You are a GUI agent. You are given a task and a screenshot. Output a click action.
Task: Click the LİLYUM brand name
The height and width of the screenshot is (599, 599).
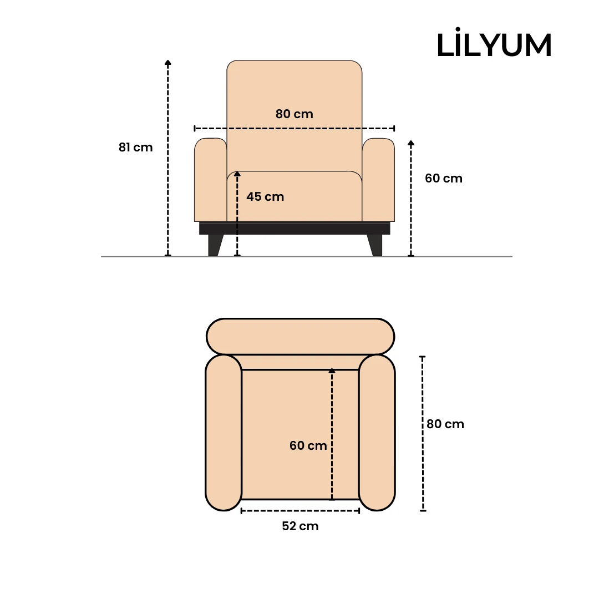pos(494,45)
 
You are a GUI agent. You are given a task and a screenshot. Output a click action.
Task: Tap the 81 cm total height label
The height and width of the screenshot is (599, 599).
pos(135,148)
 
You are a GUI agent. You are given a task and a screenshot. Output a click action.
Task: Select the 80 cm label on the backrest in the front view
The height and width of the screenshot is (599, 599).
pos(294,114)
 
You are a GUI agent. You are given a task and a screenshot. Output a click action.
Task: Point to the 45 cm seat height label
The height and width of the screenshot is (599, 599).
pos(265,197)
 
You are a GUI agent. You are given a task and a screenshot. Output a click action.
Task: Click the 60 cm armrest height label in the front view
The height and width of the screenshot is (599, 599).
pos(443,179)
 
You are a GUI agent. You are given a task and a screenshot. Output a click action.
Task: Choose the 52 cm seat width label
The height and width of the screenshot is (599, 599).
pos(300,526)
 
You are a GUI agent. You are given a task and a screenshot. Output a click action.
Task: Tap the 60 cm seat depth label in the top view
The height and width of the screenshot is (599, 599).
pos(308,445)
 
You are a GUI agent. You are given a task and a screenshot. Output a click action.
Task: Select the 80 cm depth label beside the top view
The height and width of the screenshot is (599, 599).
pos(445,424)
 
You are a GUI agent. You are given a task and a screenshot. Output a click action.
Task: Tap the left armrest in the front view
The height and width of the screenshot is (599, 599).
pos(210,180)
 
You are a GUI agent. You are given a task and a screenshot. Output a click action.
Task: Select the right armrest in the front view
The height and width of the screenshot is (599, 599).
pos(378,180)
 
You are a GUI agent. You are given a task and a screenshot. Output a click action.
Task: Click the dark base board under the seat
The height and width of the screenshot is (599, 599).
pos(295,229)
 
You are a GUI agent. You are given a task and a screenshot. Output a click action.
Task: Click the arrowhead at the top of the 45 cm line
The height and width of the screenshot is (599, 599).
pos(237,174)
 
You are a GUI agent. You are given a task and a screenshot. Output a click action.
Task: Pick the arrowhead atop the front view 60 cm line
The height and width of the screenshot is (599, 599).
pos(411,143)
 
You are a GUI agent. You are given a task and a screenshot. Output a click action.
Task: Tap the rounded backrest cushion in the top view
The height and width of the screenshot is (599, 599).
pos(300,336)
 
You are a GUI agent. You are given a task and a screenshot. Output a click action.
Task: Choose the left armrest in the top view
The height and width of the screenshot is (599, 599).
pos(224,433)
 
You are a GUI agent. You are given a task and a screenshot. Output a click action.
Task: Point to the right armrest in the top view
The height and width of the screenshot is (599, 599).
pos(377,433)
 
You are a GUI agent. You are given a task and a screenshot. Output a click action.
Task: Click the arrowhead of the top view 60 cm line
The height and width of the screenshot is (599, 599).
pos(332,370)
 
